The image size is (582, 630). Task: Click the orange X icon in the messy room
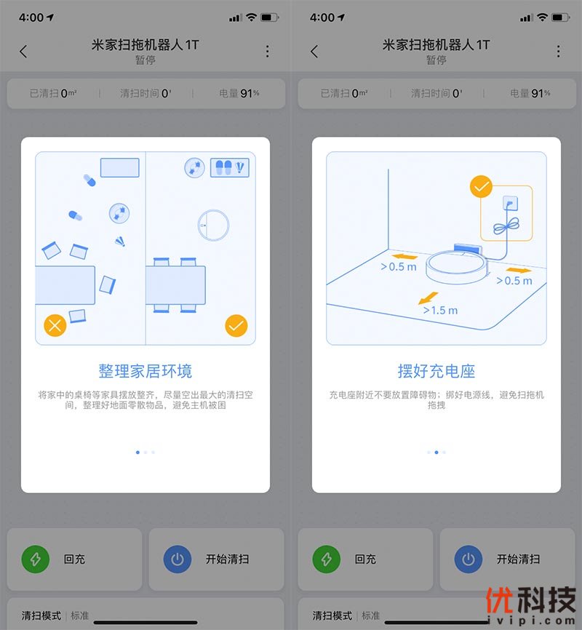coord(55,325)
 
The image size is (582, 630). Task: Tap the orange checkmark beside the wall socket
coord(481,186)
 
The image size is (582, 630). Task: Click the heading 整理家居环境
coord(145,371)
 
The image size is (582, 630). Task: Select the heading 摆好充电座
coord(436,371)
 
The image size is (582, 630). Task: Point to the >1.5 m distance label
coord(440,310)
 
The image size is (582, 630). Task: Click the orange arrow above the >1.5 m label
coord(428,298)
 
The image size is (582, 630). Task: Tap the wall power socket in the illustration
coord(510,203)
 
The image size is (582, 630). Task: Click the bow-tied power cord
coord(506,227)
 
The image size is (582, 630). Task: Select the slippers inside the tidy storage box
coord(223,167)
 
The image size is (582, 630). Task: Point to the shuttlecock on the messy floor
coord(120,241)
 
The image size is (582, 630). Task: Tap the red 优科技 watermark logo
coord(530,600)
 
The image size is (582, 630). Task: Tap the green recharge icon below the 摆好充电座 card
coord(327,559)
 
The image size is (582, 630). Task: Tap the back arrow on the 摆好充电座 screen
coord(314,52)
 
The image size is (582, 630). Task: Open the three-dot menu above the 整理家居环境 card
coord(267,51)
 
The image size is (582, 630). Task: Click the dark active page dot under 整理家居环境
coord(138,452)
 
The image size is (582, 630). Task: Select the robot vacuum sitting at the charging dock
coord(457,266)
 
